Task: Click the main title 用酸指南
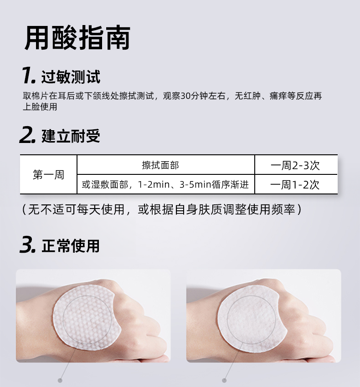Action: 77,37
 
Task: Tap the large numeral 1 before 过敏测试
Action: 28,75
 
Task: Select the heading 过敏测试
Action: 71,77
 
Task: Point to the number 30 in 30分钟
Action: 185,96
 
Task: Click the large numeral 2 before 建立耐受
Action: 27,135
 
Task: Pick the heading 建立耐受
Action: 71,136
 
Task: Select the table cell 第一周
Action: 48,175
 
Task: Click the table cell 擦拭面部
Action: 160,165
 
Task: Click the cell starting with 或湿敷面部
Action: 165,184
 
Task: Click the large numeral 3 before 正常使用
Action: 27,244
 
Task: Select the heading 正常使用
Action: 71,246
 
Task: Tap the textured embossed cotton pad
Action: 87,317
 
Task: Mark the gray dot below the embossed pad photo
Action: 60,380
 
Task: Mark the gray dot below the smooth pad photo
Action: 224,380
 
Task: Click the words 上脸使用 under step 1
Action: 40,107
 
